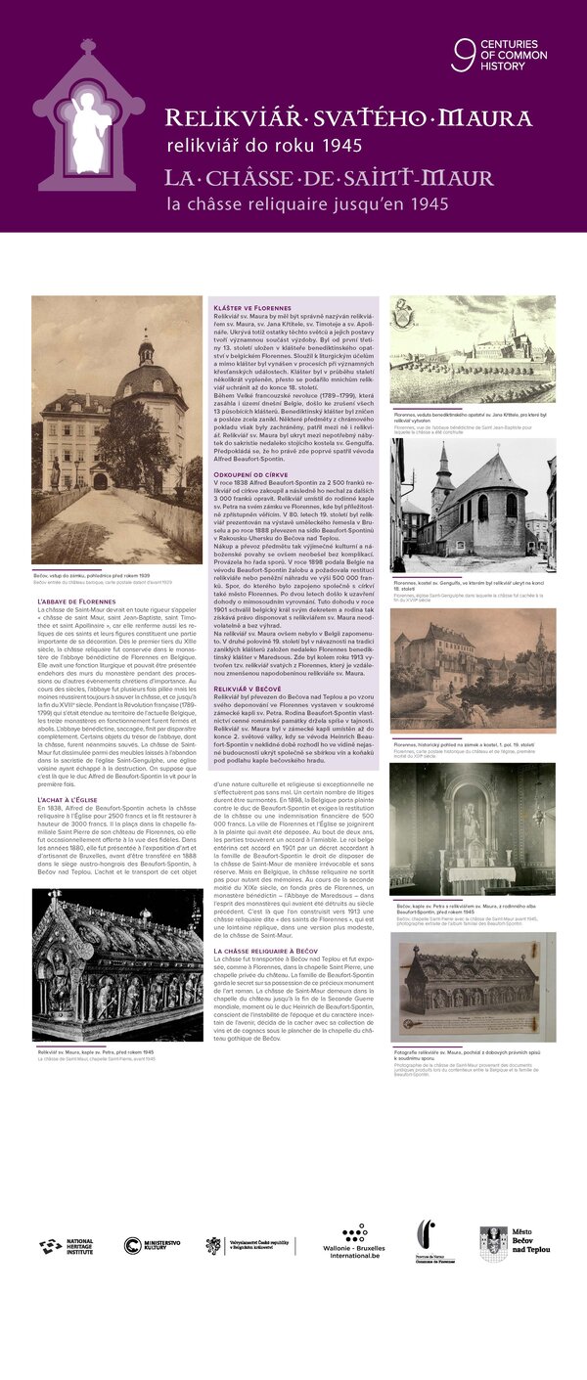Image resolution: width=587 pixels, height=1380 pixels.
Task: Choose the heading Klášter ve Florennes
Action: pos(251,308)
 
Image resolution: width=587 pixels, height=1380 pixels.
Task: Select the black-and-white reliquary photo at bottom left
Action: pos(117,965)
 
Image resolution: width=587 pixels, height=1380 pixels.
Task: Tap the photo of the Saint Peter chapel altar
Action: pos(473,829)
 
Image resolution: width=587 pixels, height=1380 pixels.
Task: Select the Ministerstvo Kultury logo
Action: pos(152,1245)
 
